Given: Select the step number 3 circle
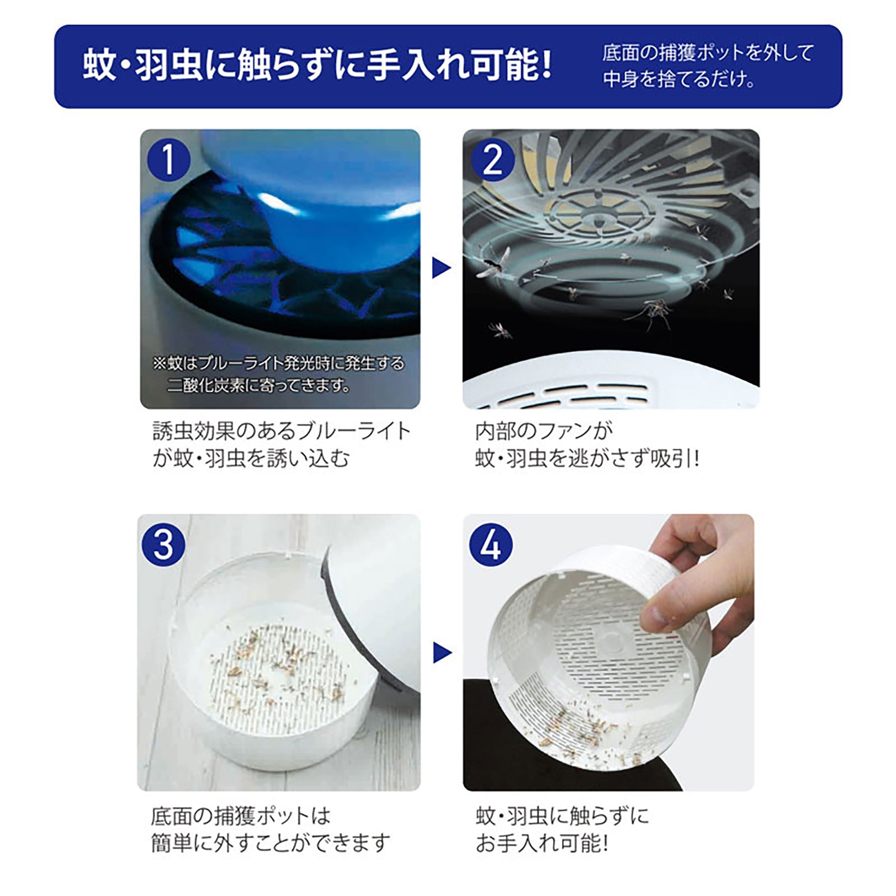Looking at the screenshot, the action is (163, 544).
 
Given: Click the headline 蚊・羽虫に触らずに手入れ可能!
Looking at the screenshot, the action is (317, 66).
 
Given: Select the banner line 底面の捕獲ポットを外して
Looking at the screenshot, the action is (708, 53).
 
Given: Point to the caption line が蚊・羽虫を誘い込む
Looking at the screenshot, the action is (251, 458).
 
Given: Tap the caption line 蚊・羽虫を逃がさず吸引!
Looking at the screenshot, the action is (587, 458).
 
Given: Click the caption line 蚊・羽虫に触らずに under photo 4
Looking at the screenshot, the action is (562, 816).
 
